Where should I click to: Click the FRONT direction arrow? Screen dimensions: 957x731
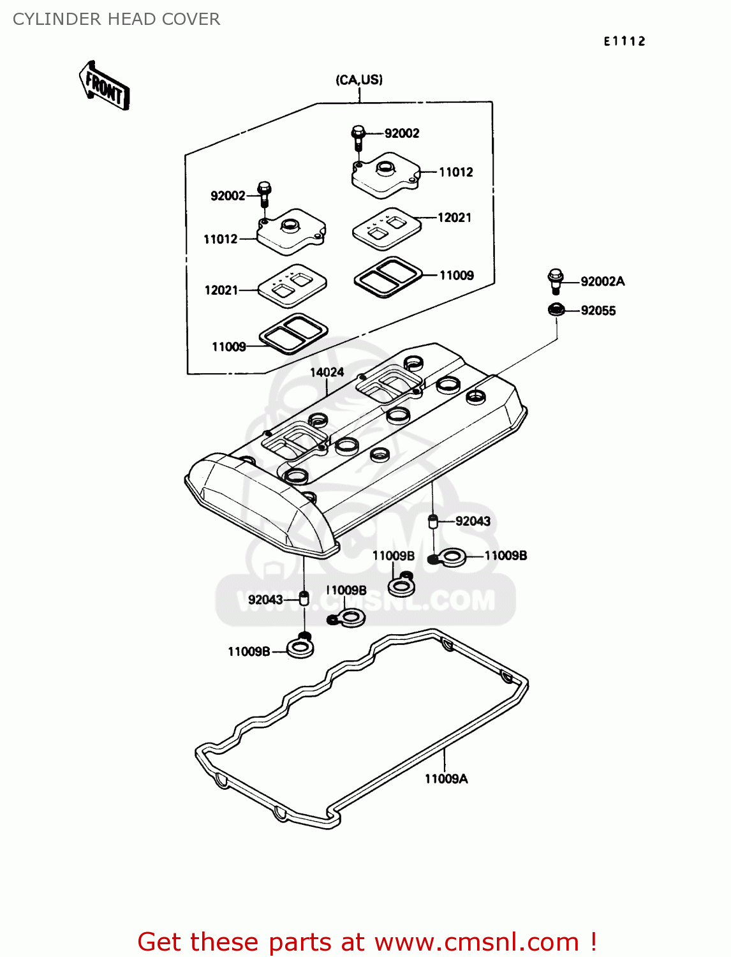pos(104,86)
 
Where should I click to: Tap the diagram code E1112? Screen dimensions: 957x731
pos(624,41)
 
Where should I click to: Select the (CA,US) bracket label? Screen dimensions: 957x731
pos(359,80)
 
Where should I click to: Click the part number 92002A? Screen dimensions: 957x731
pos(602,281)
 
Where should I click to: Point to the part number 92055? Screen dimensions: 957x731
pos(598,311)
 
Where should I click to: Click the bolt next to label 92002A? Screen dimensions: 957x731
pos(555,281)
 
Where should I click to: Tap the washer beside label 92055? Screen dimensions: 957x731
pos(556,310)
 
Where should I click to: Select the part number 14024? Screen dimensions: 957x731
pos(327,372)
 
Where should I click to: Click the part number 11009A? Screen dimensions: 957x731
pos(446,778)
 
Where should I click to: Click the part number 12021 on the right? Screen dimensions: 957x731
pos(454,218)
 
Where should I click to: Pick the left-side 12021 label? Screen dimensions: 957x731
pos(221,290)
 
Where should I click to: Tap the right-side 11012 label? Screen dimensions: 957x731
pos(455,172)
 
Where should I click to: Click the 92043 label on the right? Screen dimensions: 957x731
pos(473,521)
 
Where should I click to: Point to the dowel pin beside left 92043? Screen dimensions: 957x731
pos(304,598)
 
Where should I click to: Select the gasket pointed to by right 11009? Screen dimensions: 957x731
pos(388,276)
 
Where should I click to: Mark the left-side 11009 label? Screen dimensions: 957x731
pos(228,347)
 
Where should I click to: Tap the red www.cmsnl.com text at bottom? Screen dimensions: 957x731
pos(476,942)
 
